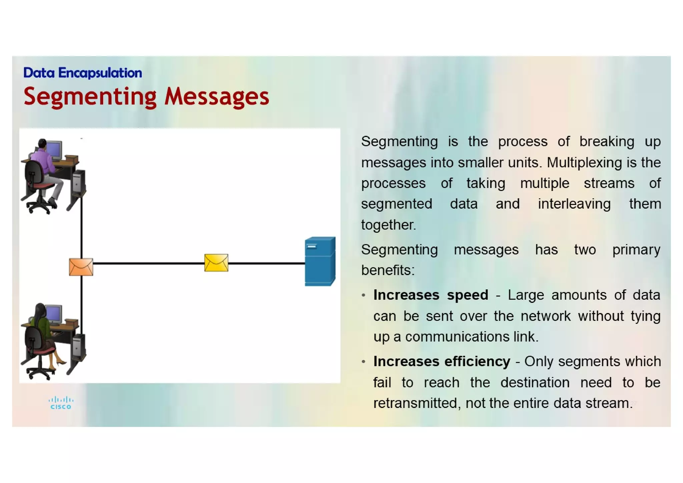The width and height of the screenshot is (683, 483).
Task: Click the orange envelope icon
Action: click(81, 267)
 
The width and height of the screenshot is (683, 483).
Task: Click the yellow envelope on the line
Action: click(216, 263)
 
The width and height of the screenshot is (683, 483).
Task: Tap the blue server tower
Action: click(320, 261)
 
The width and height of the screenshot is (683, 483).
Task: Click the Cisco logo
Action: click(61, 403)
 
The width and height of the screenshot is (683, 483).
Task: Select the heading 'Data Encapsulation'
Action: click(82, 73)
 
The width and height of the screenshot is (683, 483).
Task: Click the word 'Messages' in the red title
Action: click(216, 96)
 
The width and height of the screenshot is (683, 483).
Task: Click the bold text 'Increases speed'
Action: click(431, 295)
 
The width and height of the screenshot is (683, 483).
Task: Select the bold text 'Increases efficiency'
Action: click(442, 361)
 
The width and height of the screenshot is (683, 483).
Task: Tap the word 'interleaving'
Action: click(574, 204)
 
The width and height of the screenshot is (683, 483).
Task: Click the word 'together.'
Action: click(389, 225)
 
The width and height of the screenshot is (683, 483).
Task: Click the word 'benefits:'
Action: click(388, 270)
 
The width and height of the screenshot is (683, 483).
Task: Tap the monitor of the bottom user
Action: click(54, 314)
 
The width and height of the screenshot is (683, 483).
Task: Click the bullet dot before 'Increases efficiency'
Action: click(364, 362)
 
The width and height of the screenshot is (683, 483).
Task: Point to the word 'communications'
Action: click(457, 337)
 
